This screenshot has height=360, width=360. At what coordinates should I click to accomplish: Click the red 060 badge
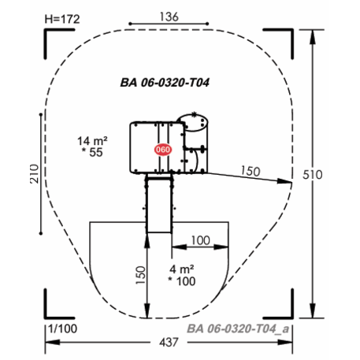163,150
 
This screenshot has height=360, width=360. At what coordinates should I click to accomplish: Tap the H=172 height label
62,19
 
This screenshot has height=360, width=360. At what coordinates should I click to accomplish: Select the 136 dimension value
169,17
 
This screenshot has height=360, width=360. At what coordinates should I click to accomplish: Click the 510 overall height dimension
313,175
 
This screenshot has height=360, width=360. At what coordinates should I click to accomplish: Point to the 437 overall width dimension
169,343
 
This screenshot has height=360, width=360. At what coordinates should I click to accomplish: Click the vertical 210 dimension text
35,174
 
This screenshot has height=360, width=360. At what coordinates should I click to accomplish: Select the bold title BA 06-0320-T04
165,83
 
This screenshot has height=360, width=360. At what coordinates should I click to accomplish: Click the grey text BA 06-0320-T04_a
238,328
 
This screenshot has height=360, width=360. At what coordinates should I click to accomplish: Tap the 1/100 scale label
62,328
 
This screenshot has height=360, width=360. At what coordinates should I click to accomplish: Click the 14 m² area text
92,141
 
